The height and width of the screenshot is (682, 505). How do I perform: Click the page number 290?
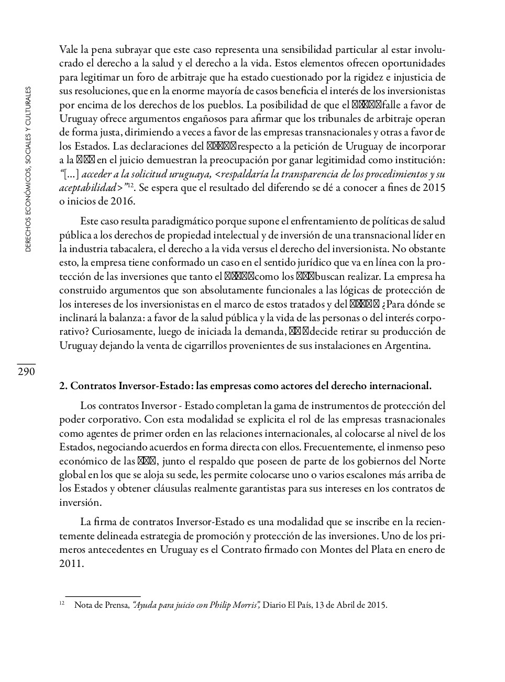[x=26, y=372]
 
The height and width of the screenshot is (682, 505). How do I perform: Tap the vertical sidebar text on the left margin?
[x=28, y=169]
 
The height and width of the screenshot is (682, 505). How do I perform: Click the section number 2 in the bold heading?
[x=62, y=387]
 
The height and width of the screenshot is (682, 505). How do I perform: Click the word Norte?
[x=432, y=461]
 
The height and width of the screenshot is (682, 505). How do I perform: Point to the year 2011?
[x=71, y=564]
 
